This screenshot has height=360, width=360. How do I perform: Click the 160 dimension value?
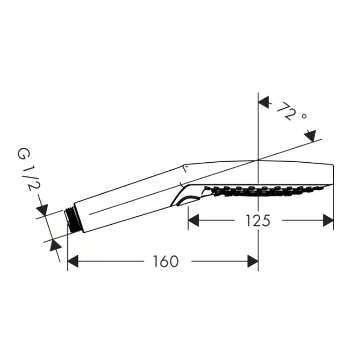click(166, 261)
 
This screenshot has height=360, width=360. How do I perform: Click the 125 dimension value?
click(258, 220)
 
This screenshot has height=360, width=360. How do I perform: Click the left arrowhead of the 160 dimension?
click(73, 261)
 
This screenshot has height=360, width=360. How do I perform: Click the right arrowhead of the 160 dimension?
click(253, 261)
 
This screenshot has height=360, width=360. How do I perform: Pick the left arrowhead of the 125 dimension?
click(194, 220)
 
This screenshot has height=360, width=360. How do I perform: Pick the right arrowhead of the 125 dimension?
click(328, 220)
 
